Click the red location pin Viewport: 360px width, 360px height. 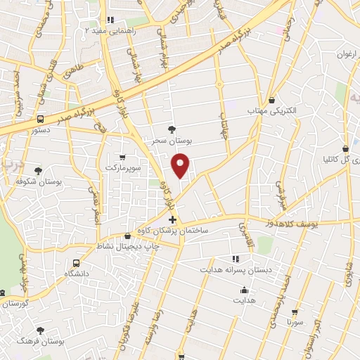(x=181, y=165)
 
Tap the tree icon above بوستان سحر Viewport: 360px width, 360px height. (x=172, y=129)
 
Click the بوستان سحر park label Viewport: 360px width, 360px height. (x=172, y=141)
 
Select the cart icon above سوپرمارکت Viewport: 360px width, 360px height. (x=123, y=157)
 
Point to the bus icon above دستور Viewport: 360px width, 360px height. (x=40, y=120)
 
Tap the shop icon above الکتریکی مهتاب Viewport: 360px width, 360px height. (x=271, y=100)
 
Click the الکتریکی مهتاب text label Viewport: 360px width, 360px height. (x=271, y=112)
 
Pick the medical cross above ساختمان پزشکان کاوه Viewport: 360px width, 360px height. (x=173, y=220)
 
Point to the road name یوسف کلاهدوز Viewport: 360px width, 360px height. (x=284, y=223)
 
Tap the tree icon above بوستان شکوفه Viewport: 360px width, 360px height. (x=37, y=170)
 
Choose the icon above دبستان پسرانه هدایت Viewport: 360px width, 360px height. (x=236, y=259)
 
